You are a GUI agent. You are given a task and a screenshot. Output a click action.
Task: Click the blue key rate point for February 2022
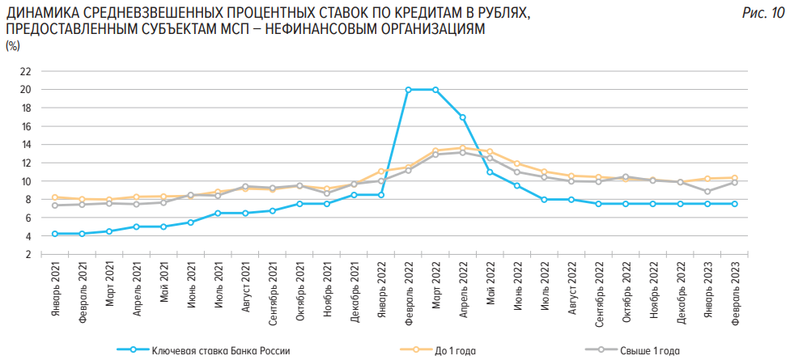408,90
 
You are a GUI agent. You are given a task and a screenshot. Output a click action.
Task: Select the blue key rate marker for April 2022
462,117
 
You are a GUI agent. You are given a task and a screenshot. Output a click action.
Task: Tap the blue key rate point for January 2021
55,234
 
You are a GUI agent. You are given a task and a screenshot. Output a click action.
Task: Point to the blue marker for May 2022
490,172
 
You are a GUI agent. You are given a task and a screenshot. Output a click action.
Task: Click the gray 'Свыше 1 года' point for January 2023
707,192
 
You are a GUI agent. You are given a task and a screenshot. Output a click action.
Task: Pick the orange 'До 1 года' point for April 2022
462,148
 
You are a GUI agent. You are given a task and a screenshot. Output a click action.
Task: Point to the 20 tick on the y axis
25,90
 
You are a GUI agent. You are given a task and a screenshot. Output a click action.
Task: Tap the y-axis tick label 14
25,145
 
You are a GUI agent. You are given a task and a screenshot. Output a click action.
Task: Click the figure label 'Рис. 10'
762,13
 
